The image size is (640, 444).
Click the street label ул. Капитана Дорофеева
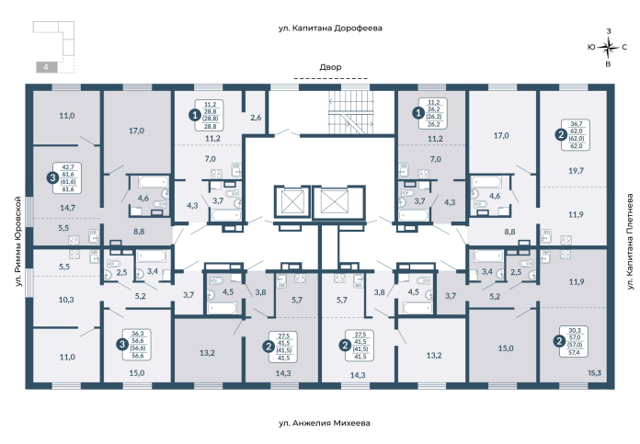pyautogui.click(x=329, y=28)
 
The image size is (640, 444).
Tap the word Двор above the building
pyautogui.click(x=330, y=67)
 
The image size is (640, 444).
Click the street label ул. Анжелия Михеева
pyautogui.click(x=325, y=424)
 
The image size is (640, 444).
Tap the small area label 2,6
pyautogui.click(x=256, y=118)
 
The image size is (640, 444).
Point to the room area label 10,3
pyautogui.click(x=66, y=301)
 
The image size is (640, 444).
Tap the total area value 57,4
pyautogui.click(x=577, y=352)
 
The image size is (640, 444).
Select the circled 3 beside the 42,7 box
pyautogui.click(x=53, y=176)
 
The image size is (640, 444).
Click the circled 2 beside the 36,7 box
pyautogui.click(x=561, y=134)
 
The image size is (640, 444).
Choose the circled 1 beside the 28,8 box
pyautogui.click(x=193, y=115)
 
